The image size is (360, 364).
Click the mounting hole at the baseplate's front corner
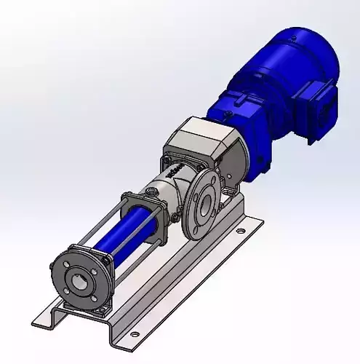[x=134, y=334]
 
